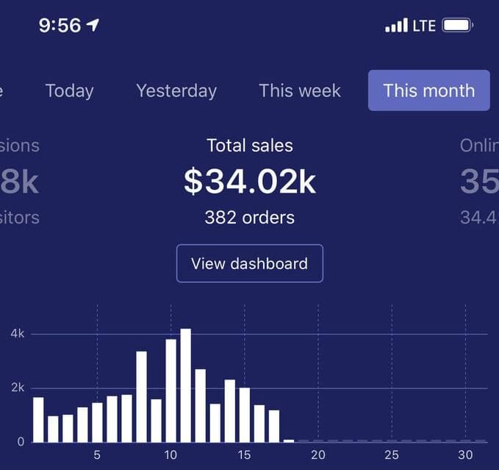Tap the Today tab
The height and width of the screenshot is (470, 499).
coord(69,91)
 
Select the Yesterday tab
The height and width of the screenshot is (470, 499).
coord(176,91)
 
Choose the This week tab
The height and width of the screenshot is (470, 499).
coord(300,91)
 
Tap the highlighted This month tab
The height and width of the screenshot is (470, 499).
coord(428,91)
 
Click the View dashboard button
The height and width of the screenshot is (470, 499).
coord(249,263)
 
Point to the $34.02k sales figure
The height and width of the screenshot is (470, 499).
coord(250,182)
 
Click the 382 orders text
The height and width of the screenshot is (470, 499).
coord(249,218)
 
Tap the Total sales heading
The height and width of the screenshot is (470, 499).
coord(250,146)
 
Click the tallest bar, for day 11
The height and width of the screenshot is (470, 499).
coord(185,385)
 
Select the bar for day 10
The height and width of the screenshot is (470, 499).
coord(170,391)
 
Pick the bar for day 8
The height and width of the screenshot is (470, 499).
coord(141,396)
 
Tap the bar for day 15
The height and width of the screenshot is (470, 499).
coord(245,415)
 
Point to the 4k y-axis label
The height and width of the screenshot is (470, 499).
coord(18,334)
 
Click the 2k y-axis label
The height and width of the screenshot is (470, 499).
coord(18,388)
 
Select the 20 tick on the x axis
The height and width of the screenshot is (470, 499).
coord(318,455)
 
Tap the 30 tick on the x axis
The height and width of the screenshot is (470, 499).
coord(465,455)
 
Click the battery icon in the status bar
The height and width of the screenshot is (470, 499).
coord(457,26)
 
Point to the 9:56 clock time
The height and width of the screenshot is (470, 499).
coord(60,26)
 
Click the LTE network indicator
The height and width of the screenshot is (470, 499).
coord(424,26)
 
